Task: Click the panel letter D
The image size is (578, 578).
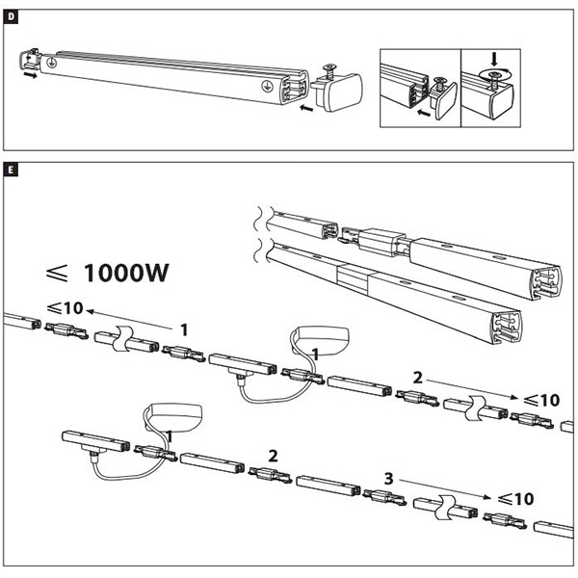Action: [x=11, y=15]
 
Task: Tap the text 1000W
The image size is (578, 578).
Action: [x=126, y=272]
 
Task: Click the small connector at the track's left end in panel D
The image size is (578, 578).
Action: [x=29, y=63]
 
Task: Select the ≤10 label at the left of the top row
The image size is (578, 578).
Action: [x=64, y=309]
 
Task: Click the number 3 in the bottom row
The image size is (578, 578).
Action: [x=387, y=477]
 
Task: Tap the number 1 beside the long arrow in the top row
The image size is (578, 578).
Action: [x=183, y=328]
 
